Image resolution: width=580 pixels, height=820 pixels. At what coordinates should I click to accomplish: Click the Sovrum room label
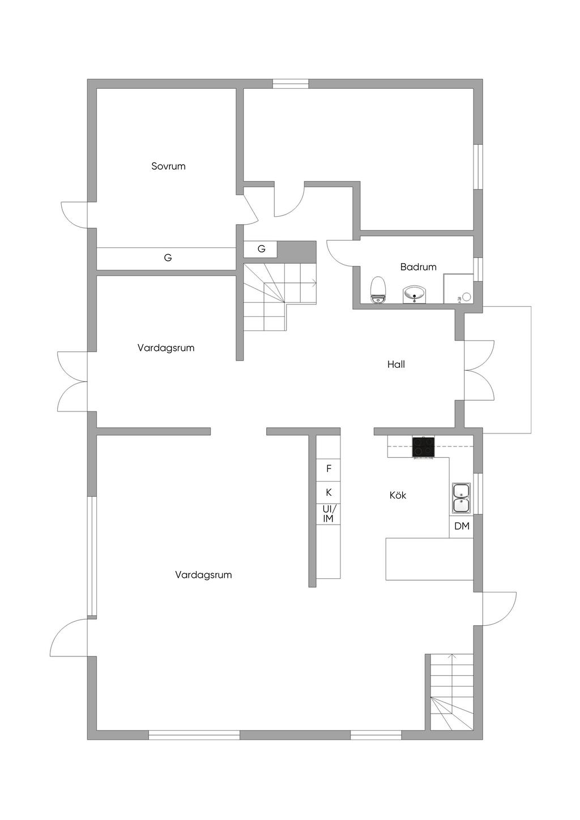pyautogui.click(x=168, y=166)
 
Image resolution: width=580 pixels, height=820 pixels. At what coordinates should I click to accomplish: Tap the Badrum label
pyautogui.click(x=418, y=267)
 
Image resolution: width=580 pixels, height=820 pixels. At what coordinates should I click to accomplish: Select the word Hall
pyautogui.click(x=396, y=364)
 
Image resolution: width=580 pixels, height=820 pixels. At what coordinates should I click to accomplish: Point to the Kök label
pyautogui.click(x=398, y=495)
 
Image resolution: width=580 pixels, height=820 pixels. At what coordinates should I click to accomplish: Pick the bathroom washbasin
pyautogui.click(x=415, y=294)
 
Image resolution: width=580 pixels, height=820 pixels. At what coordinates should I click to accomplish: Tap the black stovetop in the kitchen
pyautogui.click(x=424, y=447)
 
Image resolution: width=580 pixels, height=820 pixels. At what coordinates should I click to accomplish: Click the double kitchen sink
pyautogui.click(x=461, y=498)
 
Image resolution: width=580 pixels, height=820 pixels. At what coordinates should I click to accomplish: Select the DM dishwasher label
pyautogui.click(x=462, y=526)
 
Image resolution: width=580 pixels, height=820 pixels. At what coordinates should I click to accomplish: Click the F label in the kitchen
pyautogui.click(x=329, y=468)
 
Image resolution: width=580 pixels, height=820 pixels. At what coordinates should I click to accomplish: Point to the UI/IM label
pyautogui.click(x=329, y=514)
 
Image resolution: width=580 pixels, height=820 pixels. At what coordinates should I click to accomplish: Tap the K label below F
pyautogui.click(x=329, y=492)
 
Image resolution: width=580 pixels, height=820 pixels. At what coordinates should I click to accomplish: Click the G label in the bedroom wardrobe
pyautogui.click(x=168, y=257)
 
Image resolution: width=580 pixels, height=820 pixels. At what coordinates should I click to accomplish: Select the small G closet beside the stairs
pyautogui.click(x=261, y=249)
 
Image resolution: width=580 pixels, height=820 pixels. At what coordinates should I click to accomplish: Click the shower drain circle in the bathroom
pyautogui.click(x=467, y=297)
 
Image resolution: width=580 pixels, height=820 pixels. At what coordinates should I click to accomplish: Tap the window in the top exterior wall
pyautogui.click(x=291, y=84)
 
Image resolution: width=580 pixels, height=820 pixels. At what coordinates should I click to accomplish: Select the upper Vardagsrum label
pyautogui.click(x=166, y=348)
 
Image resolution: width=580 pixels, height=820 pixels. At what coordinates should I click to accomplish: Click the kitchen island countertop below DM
pyautogui.click(x=429, y=559)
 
